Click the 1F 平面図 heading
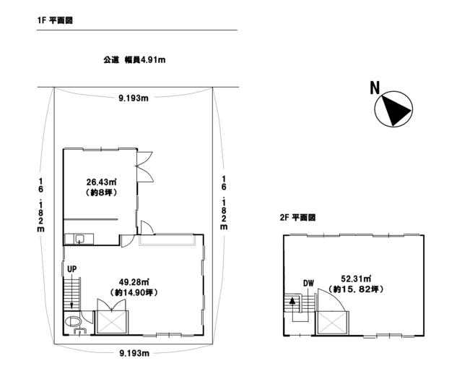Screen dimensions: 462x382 point(55,20)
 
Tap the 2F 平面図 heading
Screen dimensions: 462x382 point(297,218)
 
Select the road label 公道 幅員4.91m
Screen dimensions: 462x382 point(134,60)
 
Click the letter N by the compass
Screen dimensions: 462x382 point(375,88)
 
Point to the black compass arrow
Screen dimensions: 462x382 point(396,110)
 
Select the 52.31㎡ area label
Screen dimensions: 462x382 point(356,279)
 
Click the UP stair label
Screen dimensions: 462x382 point(72,269)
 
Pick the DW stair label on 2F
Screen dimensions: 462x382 point(308,283)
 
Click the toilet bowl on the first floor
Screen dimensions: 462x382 point(72,321)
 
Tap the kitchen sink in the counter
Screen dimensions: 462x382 point(79,238)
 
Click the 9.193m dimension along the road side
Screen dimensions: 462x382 point(134,98)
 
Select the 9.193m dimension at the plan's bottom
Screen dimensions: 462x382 point(134,353)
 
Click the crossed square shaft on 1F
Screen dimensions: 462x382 point(111,322)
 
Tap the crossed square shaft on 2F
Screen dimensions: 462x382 point(332,323)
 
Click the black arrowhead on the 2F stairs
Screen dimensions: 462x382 point(292,301)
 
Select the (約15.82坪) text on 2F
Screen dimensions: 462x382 point(356,289)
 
